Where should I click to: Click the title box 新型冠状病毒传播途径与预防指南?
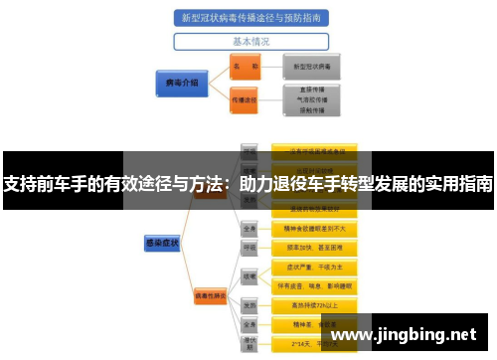pyautogui.click(x=251, y=18)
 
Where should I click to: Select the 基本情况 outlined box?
pyautogui.click(x=250, y=42)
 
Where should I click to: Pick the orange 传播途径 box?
pyautogui.click(x=245, y=99)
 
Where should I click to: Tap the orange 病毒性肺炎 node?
pyautogui.click(x=215, y=295)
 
